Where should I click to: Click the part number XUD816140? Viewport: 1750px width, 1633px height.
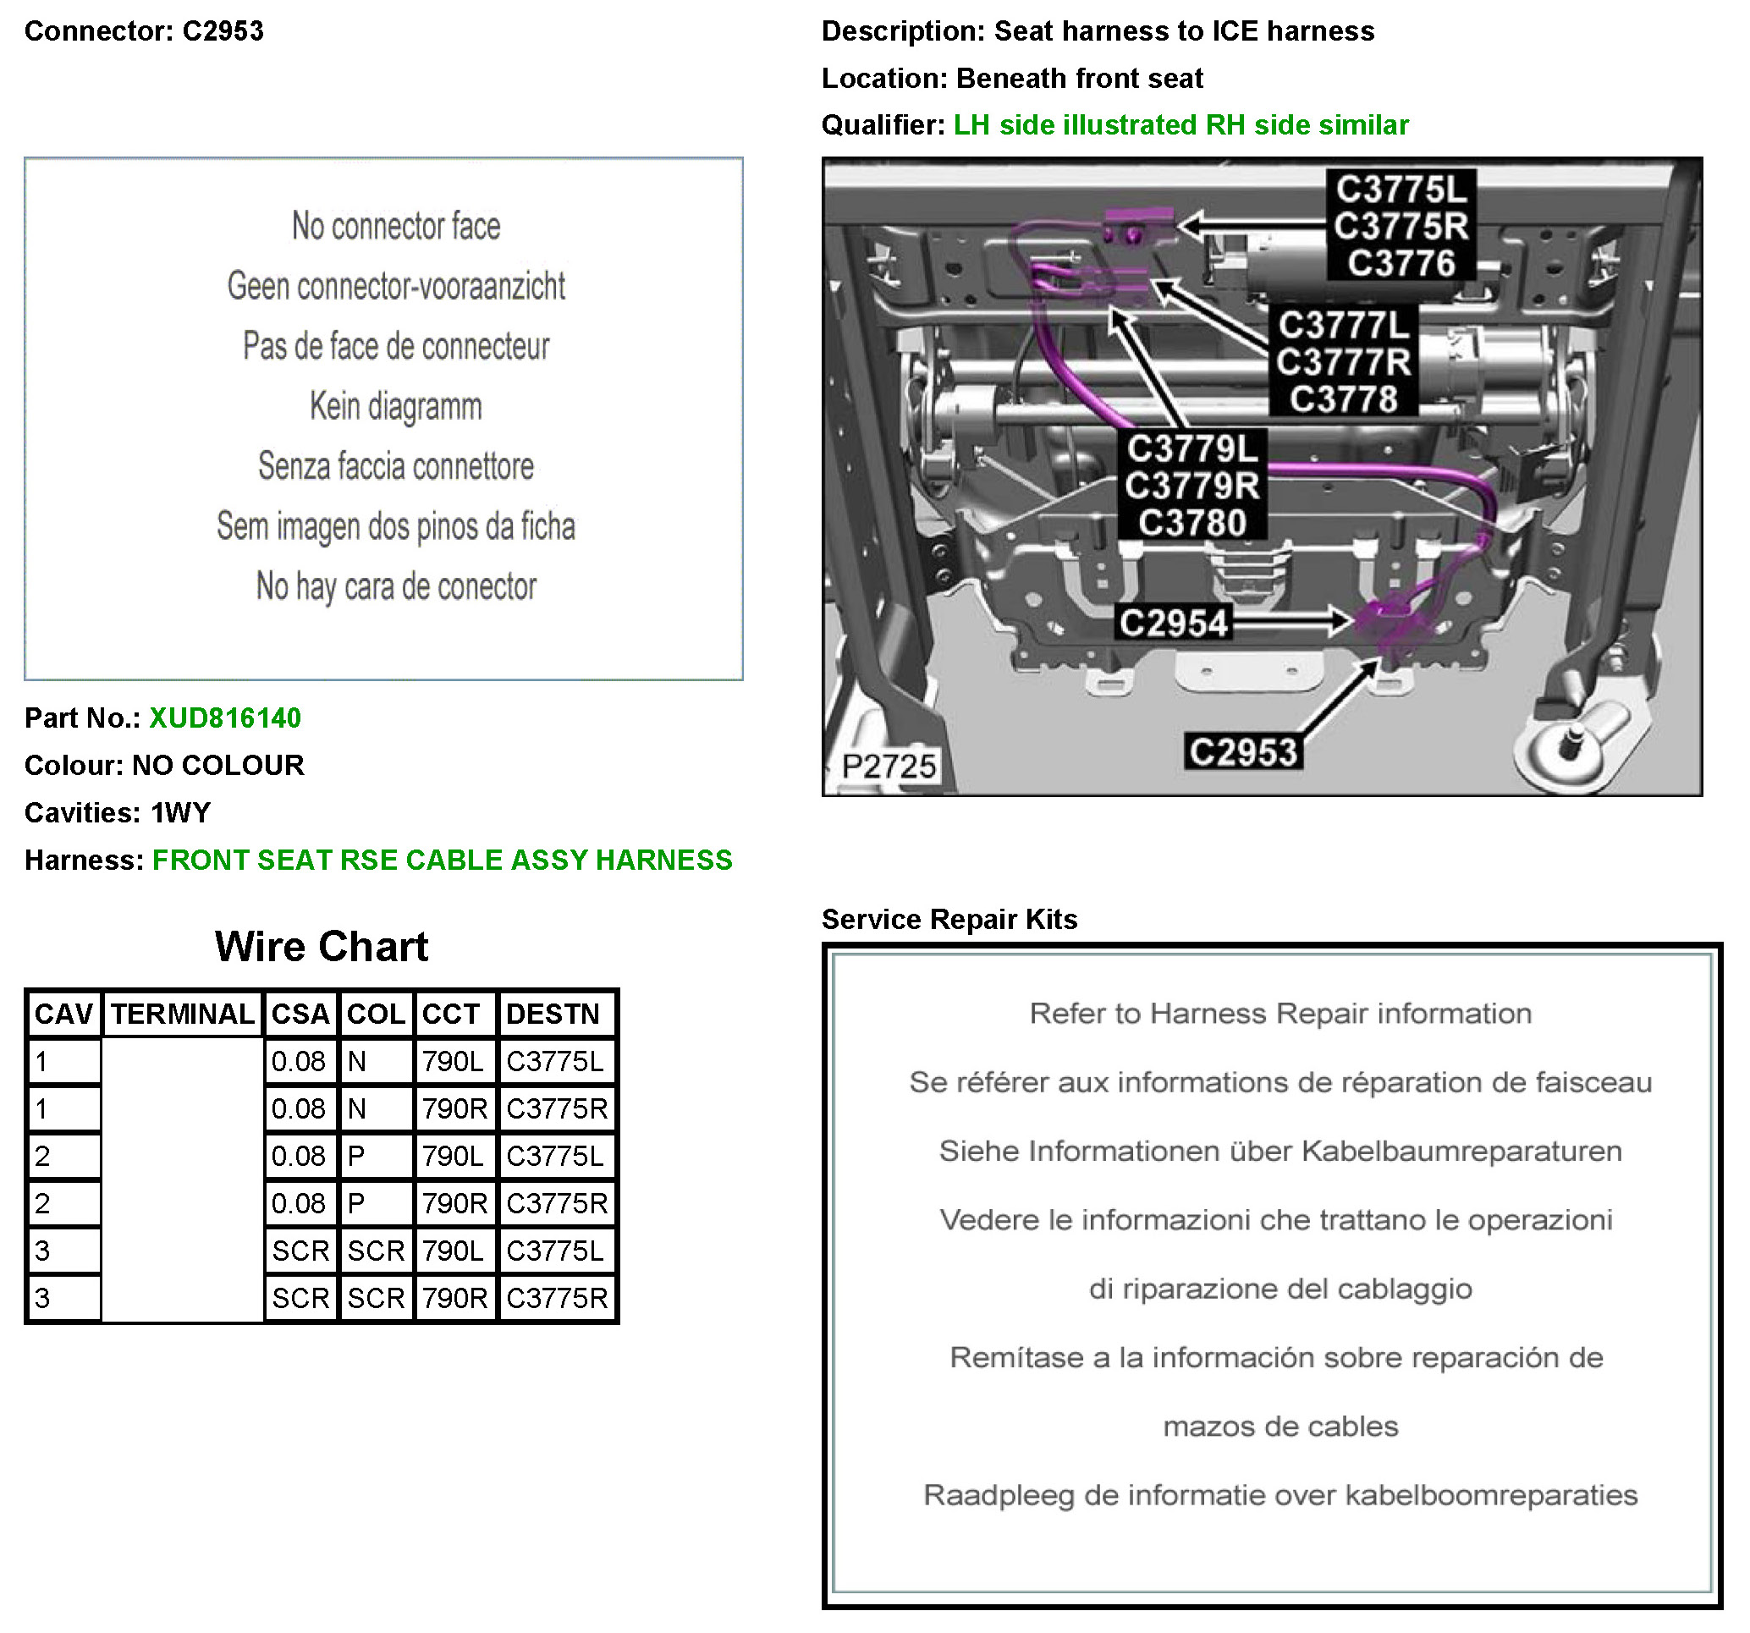(224, 718)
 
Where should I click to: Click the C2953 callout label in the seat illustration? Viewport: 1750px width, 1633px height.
(1242, 753)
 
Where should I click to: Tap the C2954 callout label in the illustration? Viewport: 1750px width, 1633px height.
(1173, 624)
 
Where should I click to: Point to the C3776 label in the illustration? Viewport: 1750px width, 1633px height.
(1401, 263)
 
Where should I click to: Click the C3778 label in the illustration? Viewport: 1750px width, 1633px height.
(1343, 399)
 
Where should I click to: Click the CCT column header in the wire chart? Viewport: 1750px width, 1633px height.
(451, 1014)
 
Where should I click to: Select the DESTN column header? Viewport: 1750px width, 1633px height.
(553, 1014)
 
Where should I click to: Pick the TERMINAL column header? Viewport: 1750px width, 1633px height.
(182, 1014)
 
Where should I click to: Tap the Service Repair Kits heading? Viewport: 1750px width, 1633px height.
(949, 919)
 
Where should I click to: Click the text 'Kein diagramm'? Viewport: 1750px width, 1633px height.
(395, 407)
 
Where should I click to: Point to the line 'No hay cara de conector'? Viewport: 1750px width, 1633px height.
(395, 586)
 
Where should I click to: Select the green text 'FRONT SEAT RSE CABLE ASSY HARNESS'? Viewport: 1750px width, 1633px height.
(442, 860)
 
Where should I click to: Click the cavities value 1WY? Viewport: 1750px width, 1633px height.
(180, 812)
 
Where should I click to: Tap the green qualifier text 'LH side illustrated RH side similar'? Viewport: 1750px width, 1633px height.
(1180, 125)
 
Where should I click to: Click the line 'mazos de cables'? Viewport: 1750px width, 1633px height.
(1280, 1426)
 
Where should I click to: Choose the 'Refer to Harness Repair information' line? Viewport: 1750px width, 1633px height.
(1280, 1014)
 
